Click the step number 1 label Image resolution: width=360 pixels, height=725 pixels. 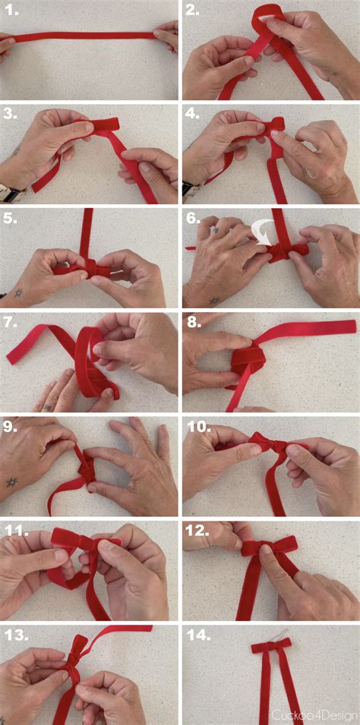click(11, 11)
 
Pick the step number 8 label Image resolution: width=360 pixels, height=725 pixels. click(194, 322)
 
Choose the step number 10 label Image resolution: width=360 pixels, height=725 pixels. click(199, 426)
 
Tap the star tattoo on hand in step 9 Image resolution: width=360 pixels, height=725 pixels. click(11, 482)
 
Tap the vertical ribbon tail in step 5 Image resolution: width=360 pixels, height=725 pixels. click(87, 232)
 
